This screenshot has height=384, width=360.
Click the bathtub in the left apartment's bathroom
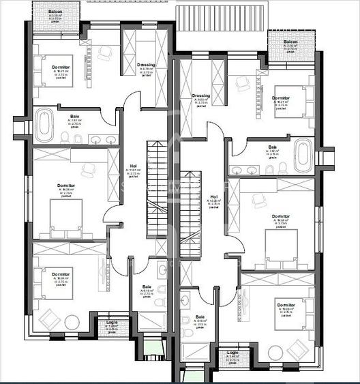pos(44,125)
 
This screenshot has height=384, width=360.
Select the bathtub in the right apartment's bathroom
pos(303,156)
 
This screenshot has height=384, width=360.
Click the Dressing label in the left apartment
pos(146,65)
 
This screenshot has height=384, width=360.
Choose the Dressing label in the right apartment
pos(201,95)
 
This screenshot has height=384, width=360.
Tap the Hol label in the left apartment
pos(134,166)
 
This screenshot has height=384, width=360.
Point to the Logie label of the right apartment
pos(233,353)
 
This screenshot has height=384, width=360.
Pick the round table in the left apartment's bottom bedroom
pos(72,322)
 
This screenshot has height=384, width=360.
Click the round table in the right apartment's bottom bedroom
pos(275,352)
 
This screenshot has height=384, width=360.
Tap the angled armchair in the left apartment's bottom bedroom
pos(50,318)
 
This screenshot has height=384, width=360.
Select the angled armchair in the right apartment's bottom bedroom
pos(298,349)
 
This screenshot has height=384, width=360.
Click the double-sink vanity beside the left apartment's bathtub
pos(102,140)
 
